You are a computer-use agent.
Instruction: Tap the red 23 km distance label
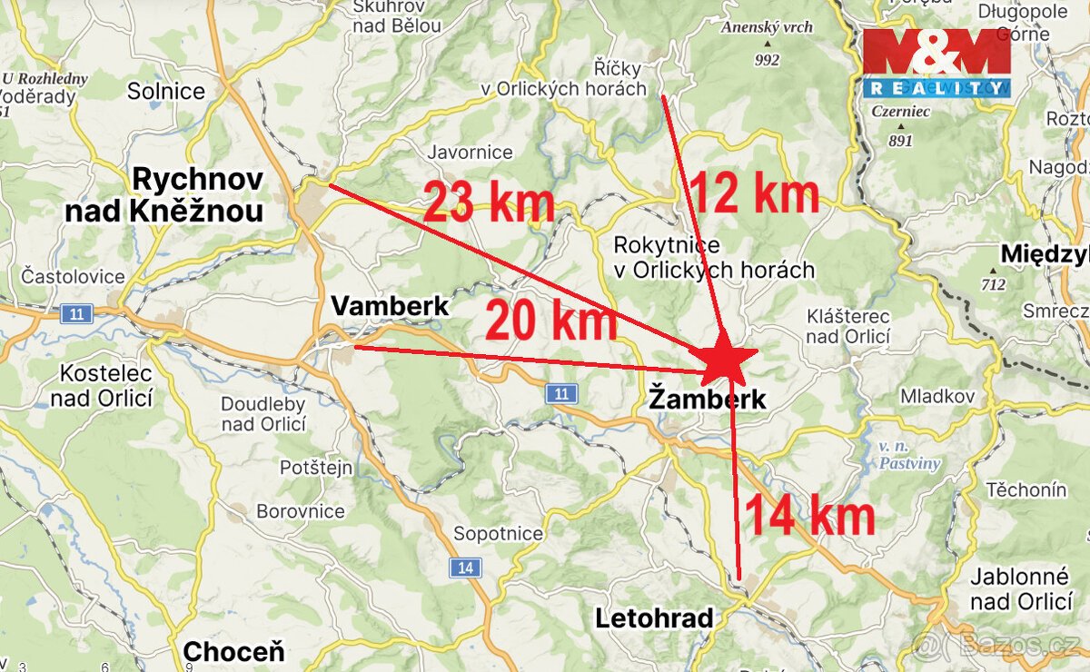coord(489,203)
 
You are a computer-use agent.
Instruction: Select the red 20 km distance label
coord(550,321)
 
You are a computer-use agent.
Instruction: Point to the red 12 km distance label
coord(754,193)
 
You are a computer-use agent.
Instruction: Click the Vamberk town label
coord(390,306)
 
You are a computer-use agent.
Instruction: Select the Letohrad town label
coord(654,619)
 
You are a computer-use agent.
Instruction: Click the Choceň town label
coord(233,651)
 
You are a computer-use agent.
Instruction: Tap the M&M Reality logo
coord(936,63)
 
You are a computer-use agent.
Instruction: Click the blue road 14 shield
coord(465,568)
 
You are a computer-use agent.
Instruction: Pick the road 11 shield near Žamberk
coord(562,393)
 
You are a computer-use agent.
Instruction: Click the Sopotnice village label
coord(498,534)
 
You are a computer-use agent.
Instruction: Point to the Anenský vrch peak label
coord(767,27)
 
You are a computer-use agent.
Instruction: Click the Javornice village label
coord(470,153)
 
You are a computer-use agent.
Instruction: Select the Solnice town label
coord(166,91)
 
